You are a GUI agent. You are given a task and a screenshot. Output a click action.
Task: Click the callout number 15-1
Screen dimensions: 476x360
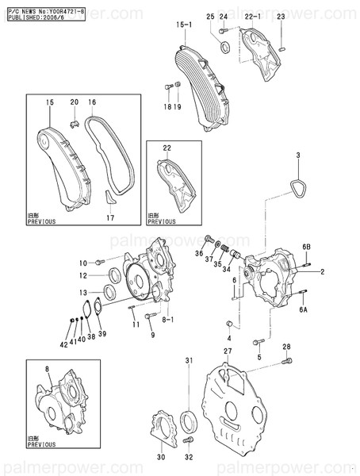point(184,25)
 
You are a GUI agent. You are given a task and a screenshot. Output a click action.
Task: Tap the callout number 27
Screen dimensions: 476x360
point(227,351)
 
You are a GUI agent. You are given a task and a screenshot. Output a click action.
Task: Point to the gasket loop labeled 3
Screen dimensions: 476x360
point(298,190)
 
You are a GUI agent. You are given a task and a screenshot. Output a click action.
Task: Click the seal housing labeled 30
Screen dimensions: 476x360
point(163,425)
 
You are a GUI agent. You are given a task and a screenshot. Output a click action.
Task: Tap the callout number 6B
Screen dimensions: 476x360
point(305,248)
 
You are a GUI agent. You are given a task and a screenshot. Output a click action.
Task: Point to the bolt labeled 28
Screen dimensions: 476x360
point(282,364)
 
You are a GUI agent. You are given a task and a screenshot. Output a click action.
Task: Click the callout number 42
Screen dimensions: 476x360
point(65,344)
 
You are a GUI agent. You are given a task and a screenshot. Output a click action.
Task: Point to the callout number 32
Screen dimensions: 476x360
point(189,458)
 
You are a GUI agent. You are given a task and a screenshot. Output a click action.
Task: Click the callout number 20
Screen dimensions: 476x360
point(75,102)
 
